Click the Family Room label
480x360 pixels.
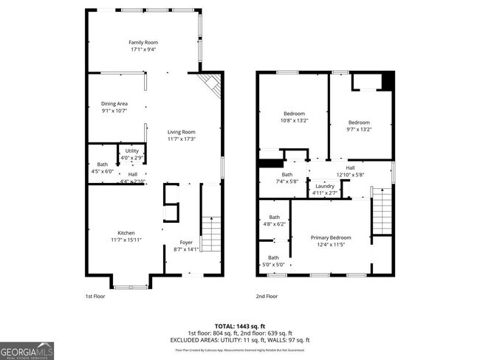coord(143,43)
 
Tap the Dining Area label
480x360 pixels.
coord(114,104)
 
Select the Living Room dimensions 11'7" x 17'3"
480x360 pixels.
coord(181,139)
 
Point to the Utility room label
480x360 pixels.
coord(131,151)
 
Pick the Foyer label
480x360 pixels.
coord(186,243)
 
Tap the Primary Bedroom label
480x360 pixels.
coord(330,238)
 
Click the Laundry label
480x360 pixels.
coord(325,186)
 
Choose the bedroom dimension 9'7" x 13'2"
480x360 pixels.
coord(359,129)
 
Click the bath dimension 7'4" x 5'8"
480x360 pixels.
coord(287,181)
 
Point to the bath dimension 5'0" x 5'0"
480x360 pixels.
coord(274,264)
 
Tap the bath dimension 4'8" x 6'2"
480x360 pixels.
coord(274,224)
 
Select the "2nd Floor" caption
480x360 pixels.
coord(267,296)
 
